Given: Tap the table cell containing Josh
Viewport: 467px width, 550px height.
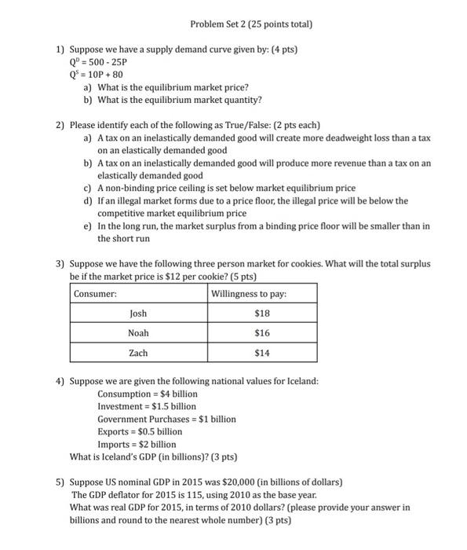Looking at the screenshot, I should (138, 313).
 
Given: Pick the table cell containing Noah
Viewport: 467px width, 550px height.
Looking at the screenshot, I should (138, 333).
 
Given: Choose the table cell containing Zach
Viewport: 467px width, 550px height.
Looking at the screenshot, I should (138, 354).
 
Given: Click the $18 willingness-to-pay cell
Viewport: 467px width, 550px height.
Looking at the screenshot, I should (262, 313).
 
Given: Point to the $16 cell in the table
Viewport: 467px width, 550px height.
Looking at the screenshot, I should (262, 333).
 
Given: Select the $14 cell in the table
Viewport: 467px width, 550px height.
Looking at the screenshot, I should (262, 354).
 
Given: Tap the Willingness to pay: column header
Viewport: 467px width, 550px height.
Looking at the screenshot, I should (249, 294).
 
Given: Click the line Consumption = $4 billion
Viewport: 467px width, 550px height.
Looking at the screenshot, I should (148, 394).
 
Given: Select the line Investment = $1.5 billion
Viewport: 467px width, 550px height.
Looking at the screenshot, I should (147, 406).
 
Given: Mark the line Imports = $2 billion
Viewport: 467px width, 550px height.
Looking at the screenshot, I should (137, 444).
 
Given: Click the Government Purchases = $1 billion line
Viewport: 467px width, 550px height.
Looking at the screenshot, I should (166, 419).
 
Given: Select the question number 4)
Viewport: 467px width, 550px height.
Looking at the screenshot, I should (60, 381).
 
